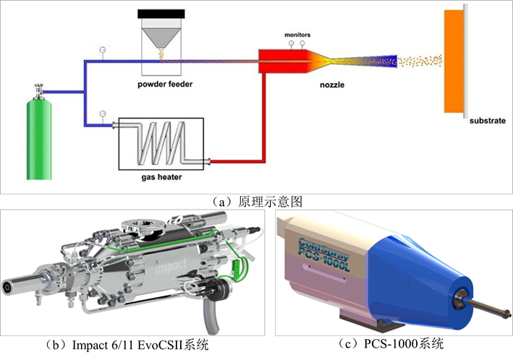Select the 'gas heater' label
tap(160, 175)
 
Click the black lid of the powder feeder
tap(161, 14)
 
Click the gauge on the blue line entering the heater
tap(103, 113)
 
